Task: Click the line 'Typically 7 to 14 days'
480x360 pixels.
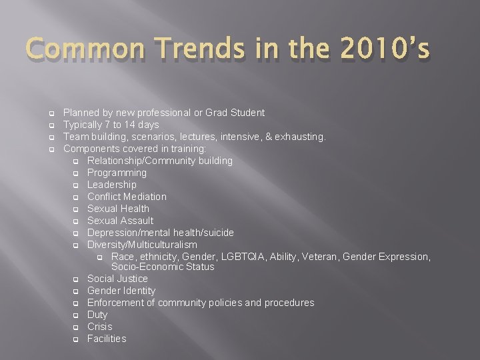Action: (x=111, y=125)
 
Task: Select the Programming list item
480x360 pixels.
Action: (x=117, y=173)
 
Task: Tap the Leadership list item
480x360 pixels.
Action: (x=111, y=185)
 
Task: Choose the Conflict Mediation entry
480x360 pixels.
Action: (x=127, y=197)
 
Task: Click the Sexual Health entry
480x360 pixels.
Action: (x=118, y=209)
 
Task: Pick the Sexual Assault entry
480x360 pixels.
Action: (x=120, y=221)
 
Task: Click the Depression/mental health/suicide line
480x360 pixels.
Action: (x=160, y=233)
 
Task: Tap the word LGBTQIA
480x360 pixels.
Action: (x=261, y=257)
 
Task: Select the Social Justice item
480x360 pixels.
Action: (x=117, y=279)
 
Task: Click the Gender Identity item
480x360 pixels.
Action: (x=121, y=291)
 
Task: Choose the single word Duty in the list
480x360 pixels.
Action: (x=97, y=315)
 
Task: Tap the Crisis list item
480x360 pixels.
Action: (x=99, y=327)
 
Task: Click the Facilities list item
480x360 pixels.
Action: (x=106, y=339)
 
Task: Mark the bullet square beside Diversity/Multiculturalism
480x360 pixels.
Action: (x=76, y=245)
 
